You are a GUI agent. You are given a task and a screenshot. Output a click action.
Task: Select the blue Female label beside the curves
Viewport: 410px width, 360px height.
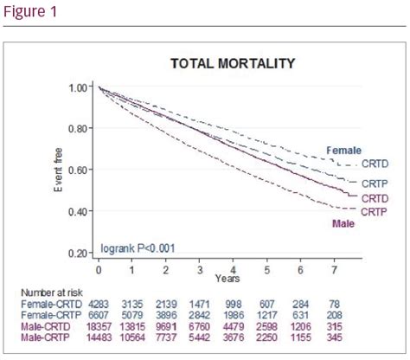click(x=343, y=150)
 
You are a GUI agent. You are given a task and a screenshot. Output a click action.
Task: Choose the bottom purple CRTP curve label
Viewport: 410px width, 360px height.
click(x=375, y=211)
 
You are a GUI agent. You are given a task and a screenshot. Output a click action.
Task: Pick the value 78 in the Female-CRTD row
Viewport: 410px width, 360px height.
click(x=334, y=305)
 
